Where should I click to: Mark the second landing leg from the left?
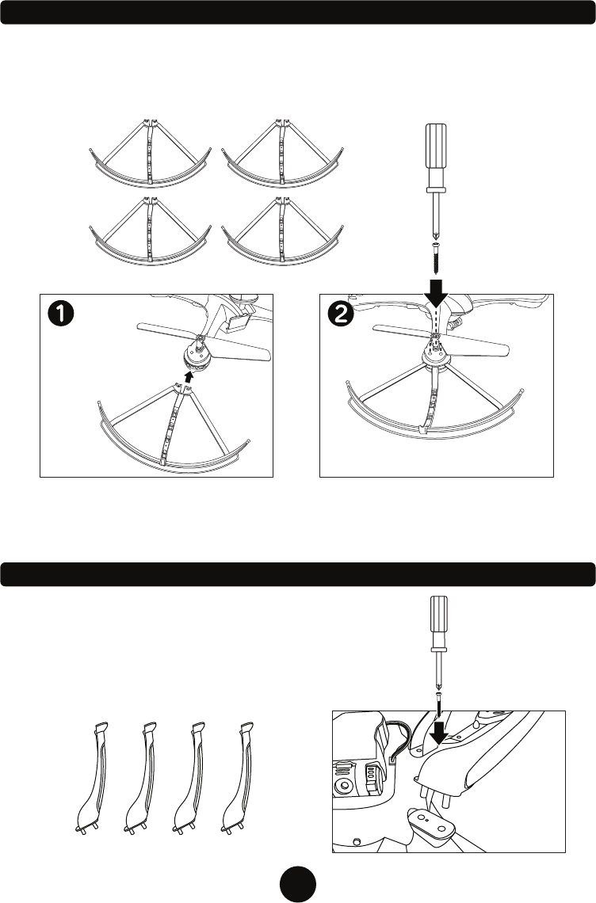click(x=141, y=776)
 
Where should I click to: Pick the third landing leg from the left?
click(x=189, y=776)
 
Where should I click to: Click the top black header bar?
click(x=298, y=12)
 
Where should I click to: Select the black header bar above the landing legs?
click(x=298, y=574)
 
